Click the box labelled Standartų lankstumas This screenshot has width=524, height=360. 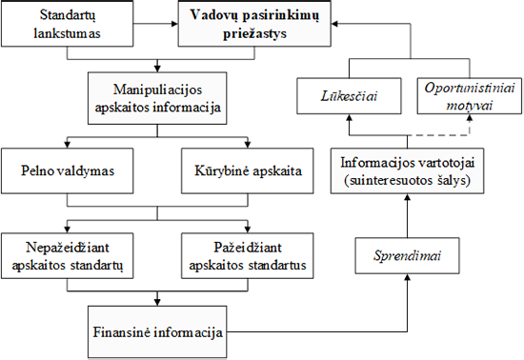[x=68, y=24]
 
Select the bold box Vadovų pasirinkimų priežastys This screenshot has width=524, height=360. [x=254, y=24]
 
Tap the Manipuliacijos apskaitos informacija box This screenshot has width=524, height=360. [x=157, y=98]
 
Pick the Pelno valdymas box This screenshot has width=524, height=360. [x=68, y=170]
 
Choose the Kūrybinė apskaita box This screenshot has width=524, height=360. [x=248, y=170]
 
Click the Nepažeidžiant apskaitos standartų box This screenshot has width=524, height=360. [x=68, y=256]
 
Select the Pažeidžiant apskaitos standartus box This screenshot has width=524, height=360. [x=248, y=256]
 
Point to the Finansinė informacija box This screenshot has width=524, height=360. [x=157, y=332]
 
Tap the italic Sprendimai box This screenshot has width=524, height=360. [x=407, y=256]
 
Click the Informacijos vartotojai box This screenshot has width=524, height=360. [x=407, y=170]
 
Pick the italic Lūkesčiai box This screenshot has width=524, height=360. [x=349, y=96]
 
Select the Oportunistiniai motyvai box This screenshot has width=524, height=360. [x=470, y=96]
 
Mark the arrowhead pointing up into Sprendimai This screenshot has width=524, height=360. [x=407, y=277]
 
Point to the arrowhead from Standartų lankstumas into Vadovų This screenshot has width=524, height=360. [x=174, y=24]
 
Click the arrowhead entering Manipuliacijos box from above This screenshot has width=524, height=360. [x=157, y=69]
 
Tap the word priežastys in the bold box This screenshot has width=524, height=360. [x=254, y=33]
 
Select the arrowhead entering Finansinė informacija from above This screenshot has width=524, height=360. [x=157, y=303]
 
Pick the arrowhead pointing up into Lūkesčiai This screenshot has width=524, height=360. [x=349, y=117]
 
